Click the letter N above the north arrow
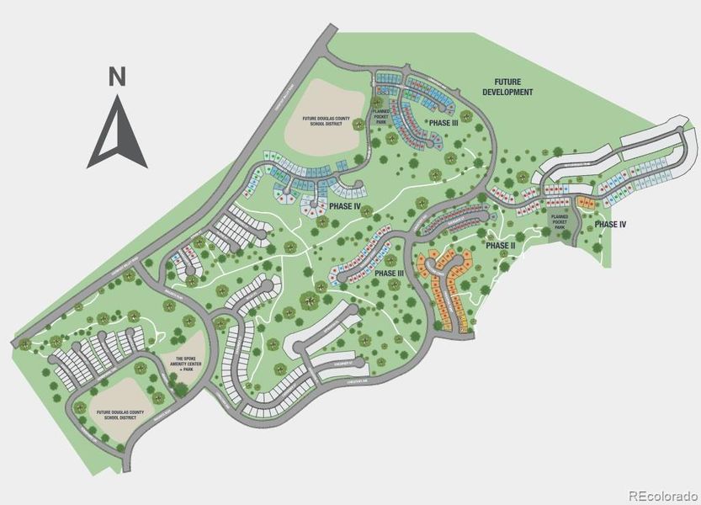click(117, 77)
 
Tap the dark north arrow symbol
click(117, 135)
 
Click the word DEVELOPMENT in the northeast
click(508, 92)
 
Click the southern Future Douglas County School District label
click(120, 415)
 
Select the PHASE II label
click(500, 245)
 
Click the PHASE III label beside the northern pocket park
click(443, 123)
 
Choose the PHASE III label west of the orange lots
click(390, 274)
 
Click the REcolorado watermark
click(662, 495)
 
